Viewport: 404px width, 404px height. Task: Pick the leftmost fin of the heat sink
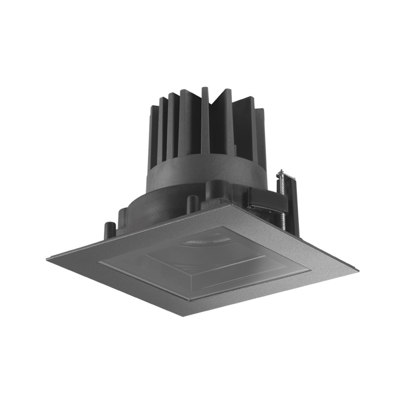click(155, 129)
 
